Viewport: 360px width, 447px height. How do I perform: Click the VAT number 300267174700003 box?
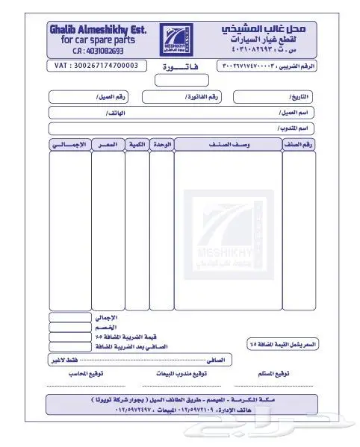[x=97, y=66]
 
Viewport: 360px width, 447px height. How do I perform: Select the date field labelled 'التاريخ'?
[x=274, y=97]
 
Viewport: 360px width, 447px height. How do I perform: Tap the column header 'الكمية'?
[x=137, y=143]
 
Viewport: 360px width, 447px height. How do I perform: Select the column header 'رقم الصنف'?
[x=298, y=143]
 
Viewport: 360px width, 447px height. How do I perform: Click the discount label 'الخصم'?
[x=105, y=328]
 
